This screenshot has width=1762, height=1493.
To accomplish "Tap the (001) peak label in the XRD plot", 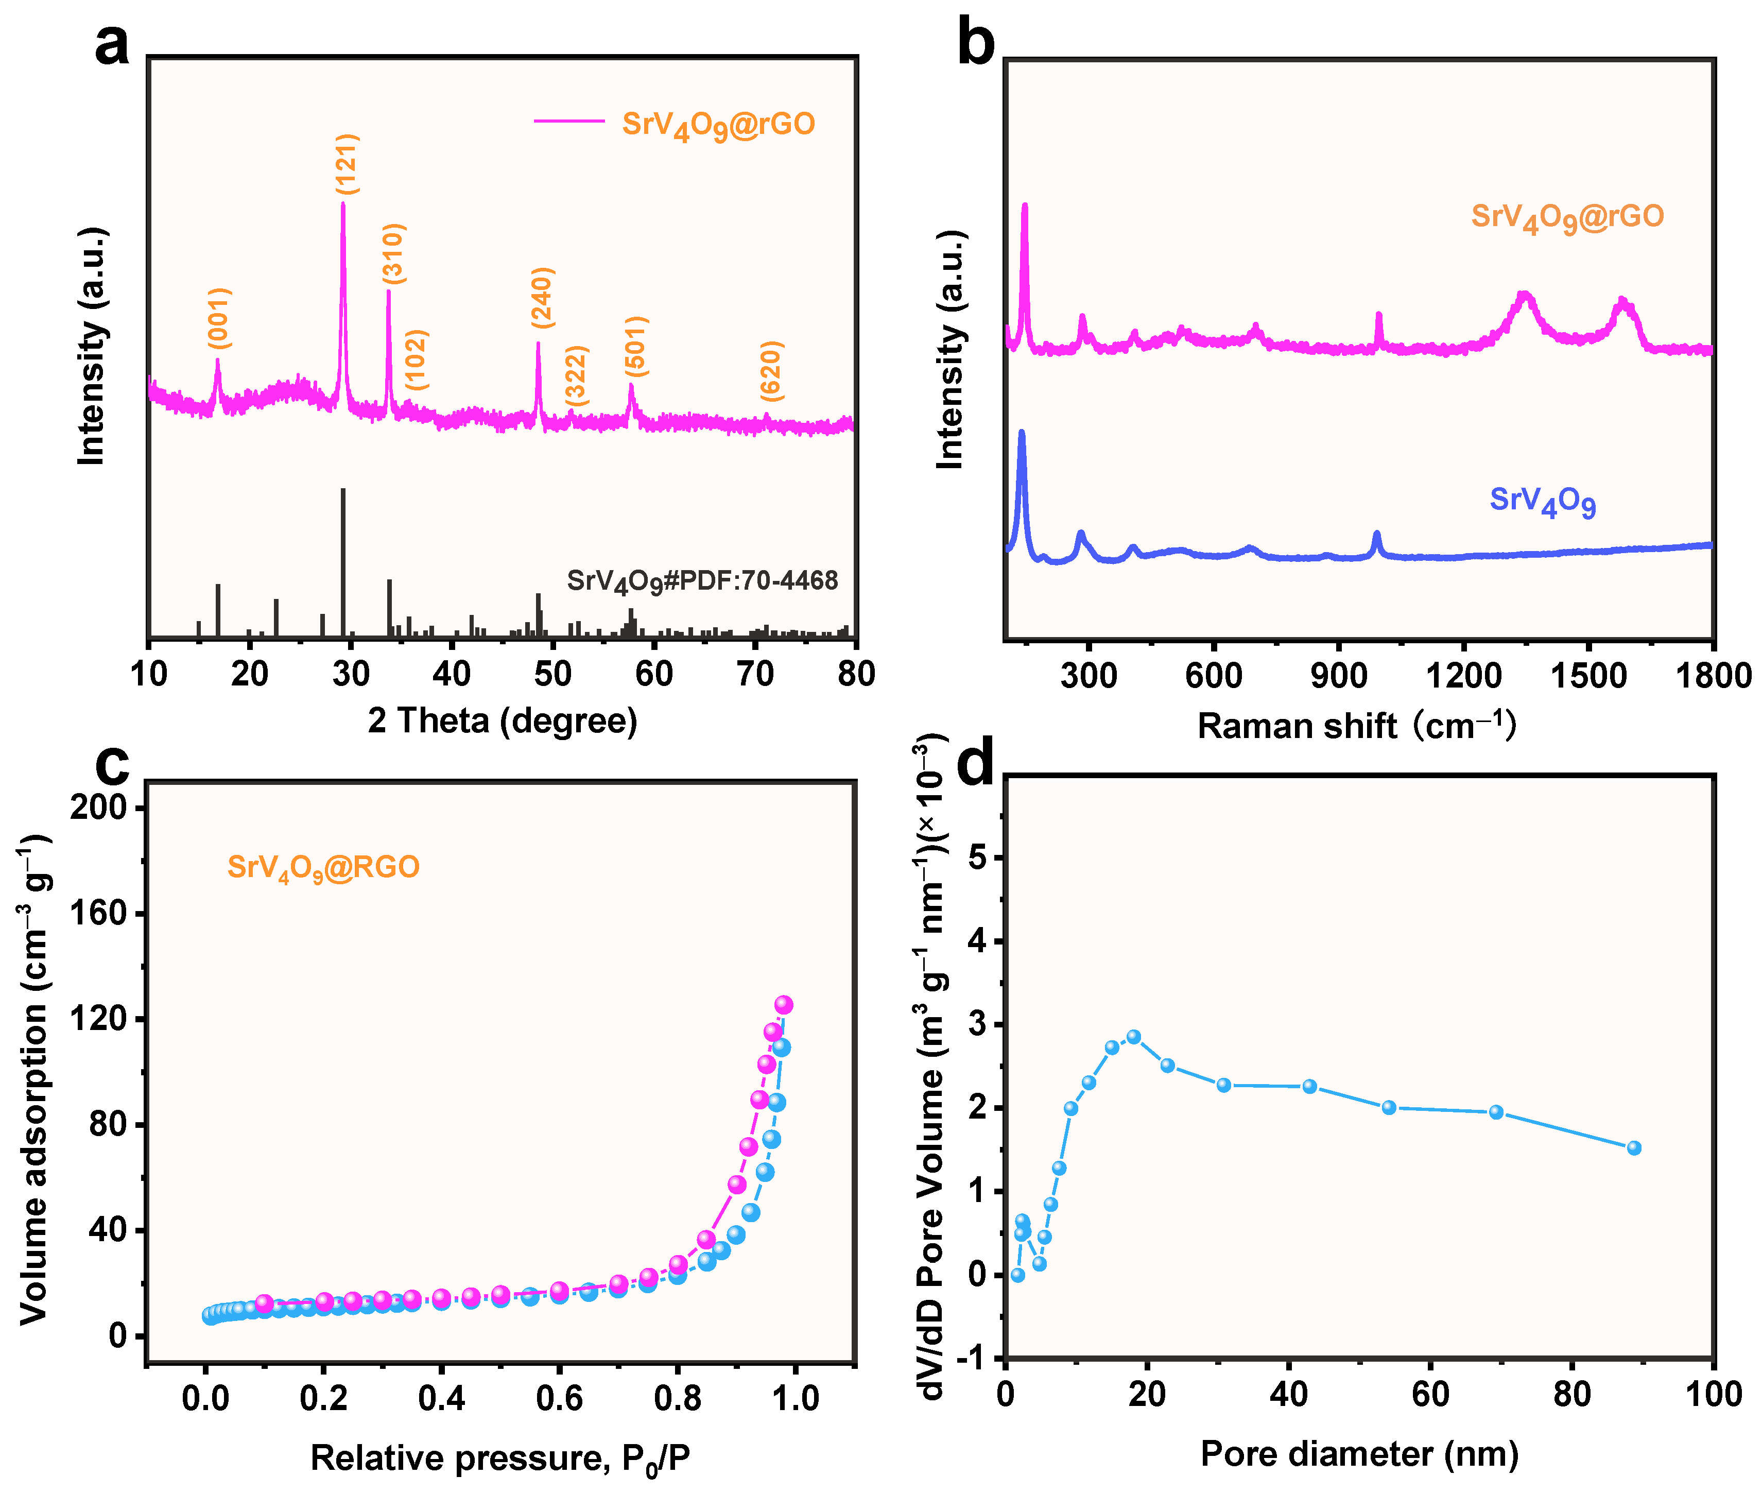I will click(x=219, y=318).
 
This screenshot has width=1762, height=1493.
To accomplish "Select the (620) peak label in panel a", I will click(x=771, y=371).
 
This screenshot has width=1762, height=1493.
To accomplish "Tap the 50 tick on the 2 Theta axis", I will click(x=552, y=675).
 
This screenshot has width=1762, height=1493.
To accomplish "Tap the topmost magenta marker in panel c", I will click(x=784, y=1005).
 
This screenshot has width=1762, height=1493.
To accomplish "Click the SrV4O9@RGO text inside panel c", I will click(x=323, y=868).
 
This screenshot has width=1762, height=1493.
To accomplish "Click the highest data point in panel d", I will click(x=1134, y=1037).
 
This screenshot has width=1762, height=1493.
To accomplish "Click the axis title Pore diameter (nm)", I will click(x=1359, y=1453).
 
